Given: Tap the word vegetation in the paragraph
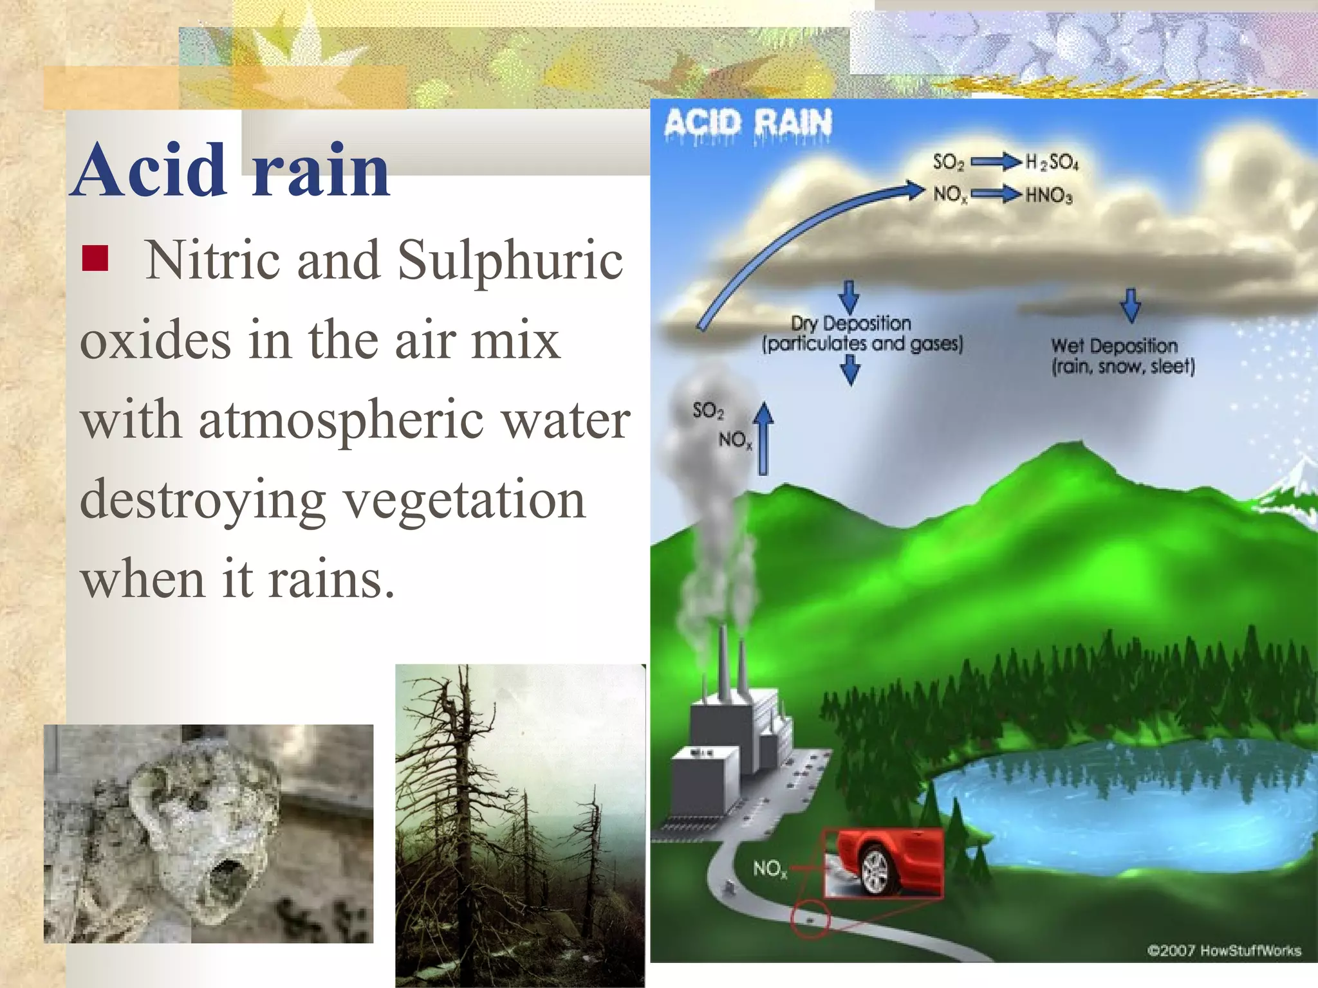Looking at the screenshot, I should (465, 500).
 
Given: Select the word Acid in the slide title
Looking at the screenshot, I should (150, 170).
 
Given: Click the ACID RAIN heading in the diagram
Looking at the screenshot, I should (748, 122).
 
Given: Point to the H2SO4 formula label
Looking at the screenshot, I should (1052, 162).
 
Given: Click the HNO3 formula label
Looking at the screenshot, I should (1048, 195).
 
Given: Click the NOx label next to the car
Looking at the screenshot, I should (769, 870).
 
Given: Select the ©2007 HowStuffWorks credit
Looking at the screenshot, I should (1223, 951).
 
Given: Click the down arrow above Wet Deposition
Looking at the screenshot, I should (1131, 305).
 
